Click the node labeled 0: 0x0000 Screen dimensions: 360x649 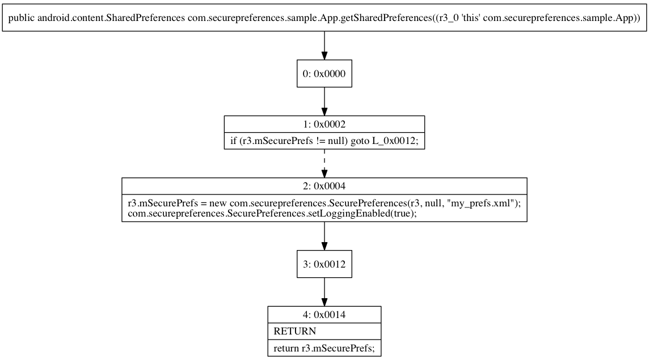324,74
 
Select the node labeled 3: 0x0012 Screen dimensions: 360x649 324,264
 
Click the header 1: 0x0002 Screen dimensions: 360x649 324,124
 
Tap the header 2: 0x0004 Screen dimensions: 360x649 324,186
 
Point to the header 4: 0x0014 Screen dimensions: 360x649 324,314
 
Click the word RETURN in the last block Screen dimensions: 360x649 294,331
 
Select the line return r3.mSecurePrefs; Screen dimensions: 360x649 324,348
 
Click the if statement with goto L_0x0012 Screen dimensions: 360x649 324,141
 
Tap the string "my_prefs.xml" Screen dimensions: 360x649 483,204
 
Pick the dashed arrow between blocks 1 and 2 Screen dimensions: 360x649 324,163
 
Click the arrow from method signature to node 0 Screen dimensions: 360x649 324,45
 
